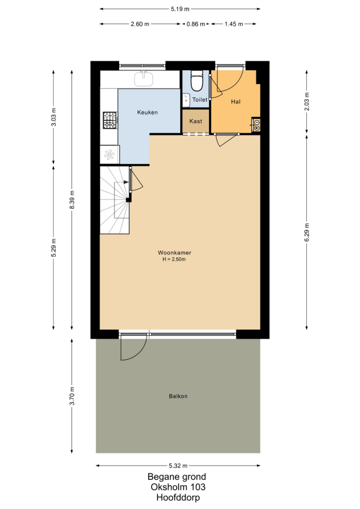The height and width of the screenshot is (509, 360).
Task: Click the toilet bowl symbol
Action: [x=196, y=81]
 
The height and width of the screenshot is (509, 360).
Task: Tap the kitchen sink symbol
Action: [x=144, y=78]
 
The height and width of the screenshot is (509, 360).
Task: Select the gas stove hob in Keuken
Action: [x=110, y=120]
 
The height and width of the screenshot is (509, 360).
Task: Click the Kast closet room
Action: [x=196, y=121]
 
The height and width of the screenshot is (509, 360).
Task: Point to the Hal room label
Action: [x=236, y=102]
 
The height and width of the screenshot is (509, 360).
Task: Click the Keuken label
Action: [x=147, y=112]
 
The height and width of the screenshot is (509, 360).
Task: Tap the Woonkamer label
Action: [x=175, y=253]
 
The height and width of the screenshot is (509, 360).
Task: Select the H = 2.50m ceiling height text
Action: [x=174, y=260]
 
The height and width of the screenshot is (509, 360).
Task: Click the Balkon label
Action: [x=178, y=396]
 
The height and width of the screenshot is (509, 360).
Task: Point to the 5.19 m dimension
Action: [x=180, y=9]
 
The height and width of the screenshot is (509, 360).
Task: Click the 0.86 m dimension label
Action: [x=196, y=24]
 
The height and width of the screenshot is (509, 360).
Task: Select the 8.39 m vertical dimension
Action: [x=72, y=200]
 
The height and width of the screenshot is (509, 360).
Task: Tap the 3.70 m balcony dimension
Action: [x=72, y=396]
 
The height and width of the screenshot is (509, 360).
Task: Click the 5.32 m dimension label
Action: [x=178, y=466]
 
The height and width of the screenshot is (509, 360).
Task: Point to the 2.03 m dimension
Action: [x=307, y=102]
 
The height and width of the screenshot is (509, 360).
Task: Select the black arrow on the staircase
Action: [x=125, y=182]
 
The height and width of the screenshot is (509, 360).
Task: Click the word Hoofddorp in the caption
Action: [x=178, y=498]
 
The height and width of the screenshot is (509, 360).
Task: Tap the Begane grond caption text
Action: [x=177, y=477]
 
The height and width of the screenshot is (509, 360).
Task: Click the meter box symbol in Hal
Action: [x=256, y=125]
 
